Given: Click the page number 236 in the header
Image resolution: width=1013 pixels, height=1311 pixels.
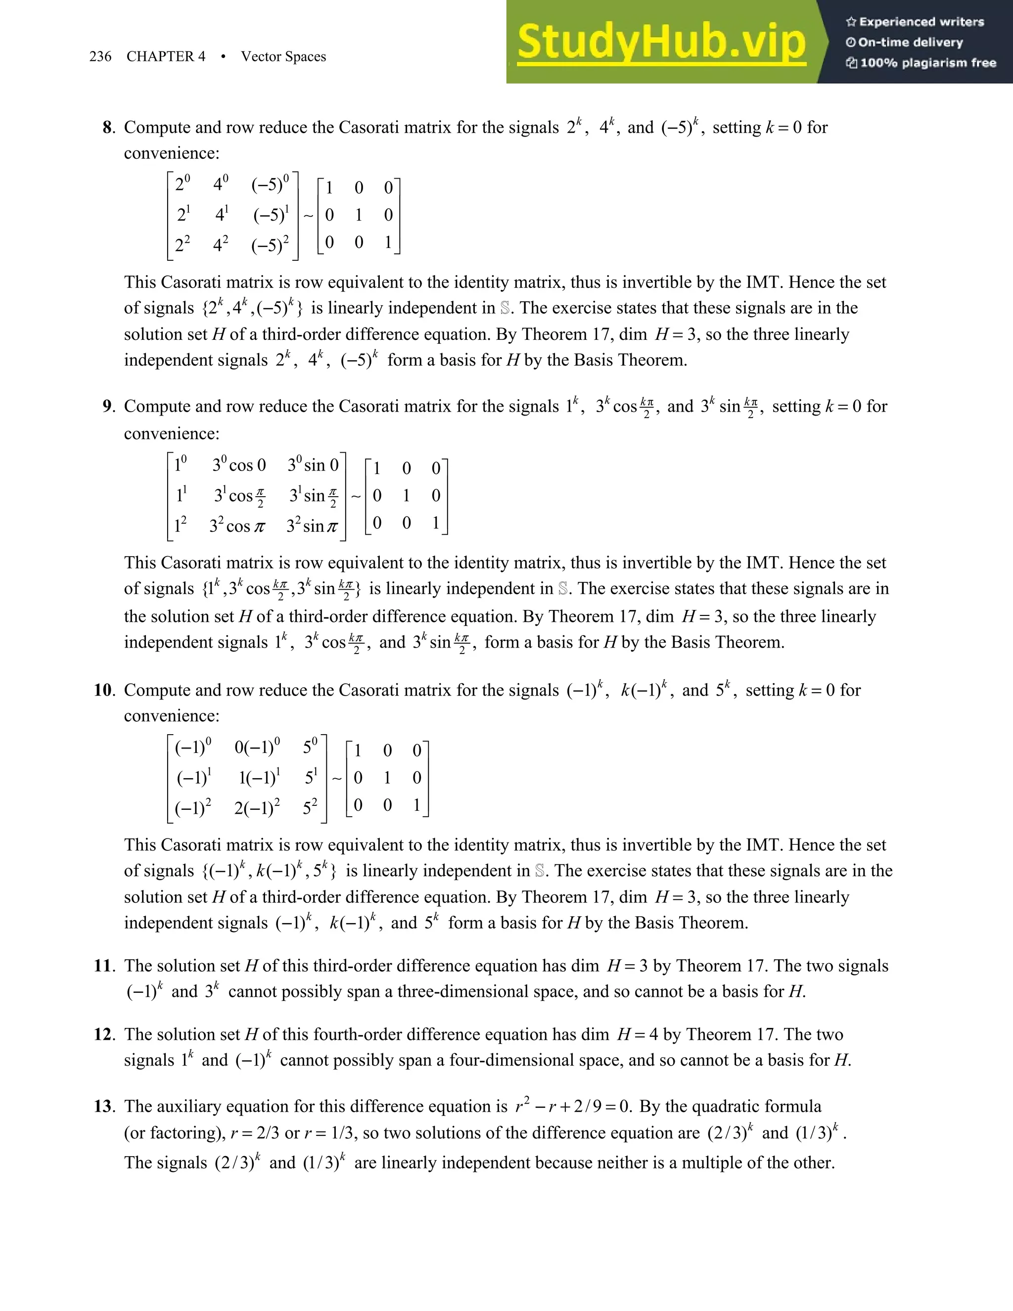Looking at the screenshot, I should click(100, 56).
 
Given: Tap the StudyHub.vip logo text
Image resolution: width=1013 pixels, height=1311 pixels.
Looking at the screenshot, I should click(661, 42).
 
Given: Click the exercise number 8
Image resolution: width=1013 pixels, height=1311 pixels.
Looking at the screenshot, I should click(107, 127).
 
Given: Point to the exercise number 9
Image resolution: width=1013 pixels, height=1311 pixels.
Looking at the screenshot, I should click(107, 406).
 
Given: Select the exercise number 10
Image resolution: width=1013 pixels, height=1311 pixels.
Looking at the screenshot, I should click(104, 690).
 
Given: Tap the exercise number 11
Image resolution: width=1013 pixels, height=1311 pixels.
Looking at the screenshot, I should click(104, 965).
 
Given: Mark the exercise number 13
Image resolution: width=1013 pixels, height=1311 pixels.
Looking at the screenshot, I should click(104, 1106).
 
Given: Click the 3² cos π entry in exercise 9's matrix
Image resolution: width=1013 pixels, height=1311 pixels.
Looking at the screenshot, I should click(237, 526).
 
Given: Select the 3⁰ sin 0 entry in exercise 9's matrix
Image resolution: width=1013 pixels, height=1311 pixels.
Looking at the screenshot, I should click(313, 465).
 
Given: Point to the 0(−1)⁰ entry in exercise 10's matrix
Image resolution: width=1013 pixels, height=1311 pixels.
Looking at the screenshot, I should click(257, 748).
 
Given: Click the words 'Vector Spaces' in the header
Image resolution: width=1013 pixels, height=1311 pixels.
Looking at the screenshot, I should click(283, 56).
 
